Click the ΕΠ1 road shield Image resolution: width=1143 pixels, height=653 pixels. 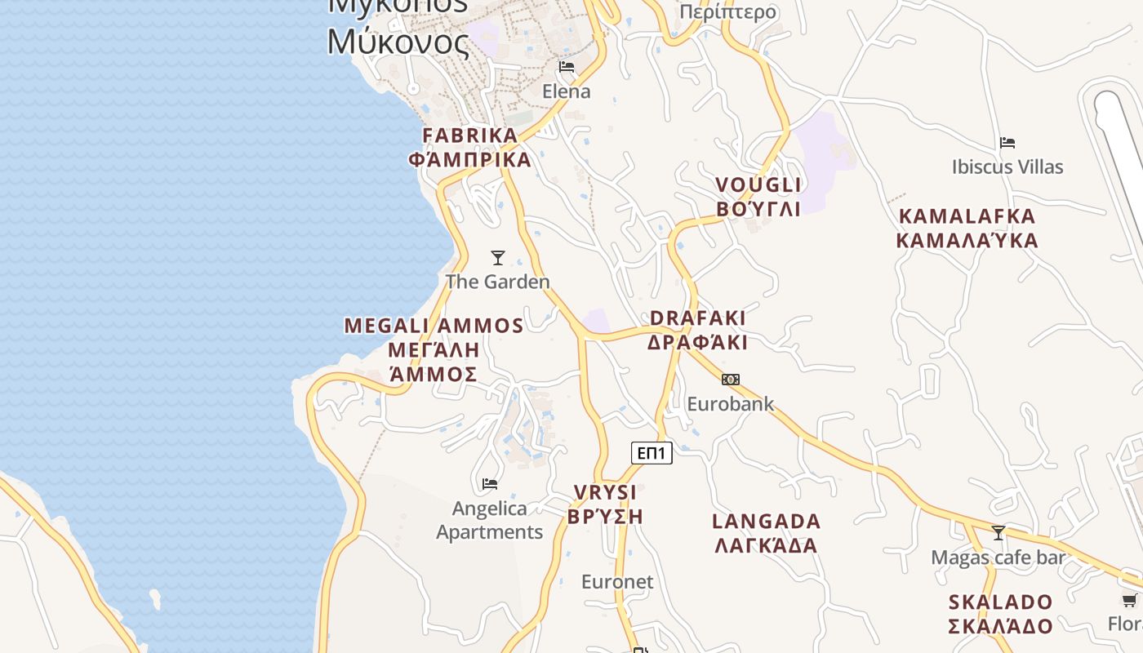click(x=652, y=453)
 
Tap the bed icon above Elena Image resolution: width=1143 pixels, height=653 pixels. click(x=567, y=67)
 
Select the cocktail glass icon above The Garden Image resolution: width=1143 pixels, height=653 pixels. click(x=497, y=258)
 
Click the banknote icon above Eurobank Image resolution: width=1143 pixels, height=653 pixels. click(x=731, y=380)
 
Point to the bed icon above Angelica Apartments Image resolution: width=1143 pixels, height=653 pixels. click(x=490, y=484)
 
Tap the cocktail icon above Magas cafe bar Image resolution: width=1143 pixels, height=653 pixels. click(x=998, y=533)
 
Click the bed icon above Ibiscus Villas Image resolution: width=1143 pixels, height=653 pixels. click(x=1007, y=143)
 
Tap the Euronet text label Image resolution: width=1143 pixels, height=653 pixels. click(x=617, y=582)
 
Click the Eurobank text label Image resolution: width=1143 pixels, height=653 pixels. click(x=730, y=404)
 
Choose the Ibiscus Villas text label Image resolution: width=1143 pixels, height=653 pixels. click(x=1007, y=167)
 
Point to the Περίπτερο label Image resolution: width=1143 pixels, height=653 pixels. click(x=727, y=12)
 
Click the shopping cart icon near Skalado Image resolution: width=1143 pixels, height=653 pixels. click(x=1129, y=601)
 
